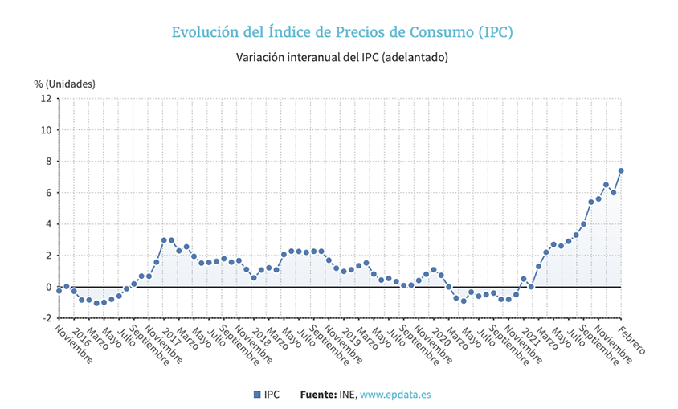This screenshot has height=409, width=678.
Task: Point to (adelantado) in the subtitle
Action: pos(415,58)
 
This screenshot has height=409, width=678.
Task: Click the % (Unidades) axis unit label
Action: pos(64,84)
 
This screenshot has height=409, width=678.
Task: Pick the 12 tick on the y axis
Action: pos(46,99)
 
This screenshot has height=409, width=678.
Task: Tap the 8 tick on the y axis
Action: pos(48,162)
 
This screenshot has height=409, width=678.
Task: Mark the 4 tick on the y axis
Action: pos(48,224)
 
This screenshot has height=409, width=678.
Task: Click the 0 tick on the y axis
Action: pos(48,287)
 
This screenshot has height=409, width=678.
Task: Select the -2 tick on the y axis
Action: pos(46,318)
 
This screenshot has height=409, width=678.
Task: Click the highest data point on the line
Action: pos(621,170)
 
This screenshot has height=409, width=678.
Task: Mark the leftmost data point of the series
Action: pos(59,290)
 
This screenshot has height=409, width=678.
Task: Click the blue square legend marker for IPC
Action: pos(257,395)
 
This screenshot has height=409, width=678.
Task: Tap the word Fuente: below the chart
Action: pos(318,395)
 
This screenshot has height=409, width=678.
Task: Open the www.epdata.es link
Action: pos(395,395)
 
